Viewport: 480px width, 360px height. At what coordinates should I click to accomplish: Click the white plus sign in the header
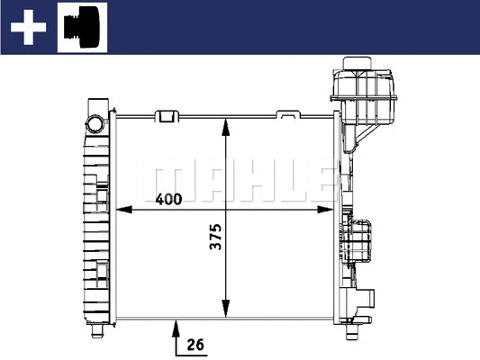(x=27, y=28)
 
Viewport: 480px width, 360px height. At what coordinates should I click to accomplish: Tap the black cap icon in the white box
(x=82, y=27)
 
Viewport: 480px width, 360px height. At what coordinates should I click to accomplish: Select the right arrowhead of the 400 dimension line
(x=330, y=210)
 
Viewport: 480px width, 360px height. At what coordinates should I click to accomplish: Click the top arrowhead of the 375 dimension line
(x=225, y=121)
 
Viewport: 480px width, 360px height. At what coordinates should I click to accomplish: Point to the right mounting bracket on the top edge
(x=287, y=115)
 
